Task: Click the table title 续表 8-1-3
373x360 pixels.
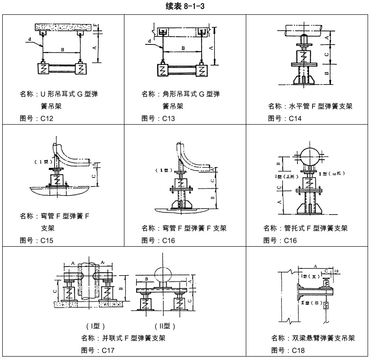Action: [186, 6]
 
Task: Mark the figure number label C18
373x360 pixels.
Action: [298, 350]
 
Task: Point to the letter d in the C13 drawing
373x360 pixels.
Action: [149, 41]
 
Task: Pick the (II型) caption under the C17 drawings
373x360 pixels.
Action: [164, 326]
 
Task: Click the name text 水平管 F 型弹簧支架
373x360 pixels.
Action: [321, 107]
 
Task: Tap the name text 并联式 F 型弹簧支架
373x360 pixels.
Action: [133, 338]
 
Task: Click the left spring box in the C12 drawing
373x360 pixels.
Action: [43, 69]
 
